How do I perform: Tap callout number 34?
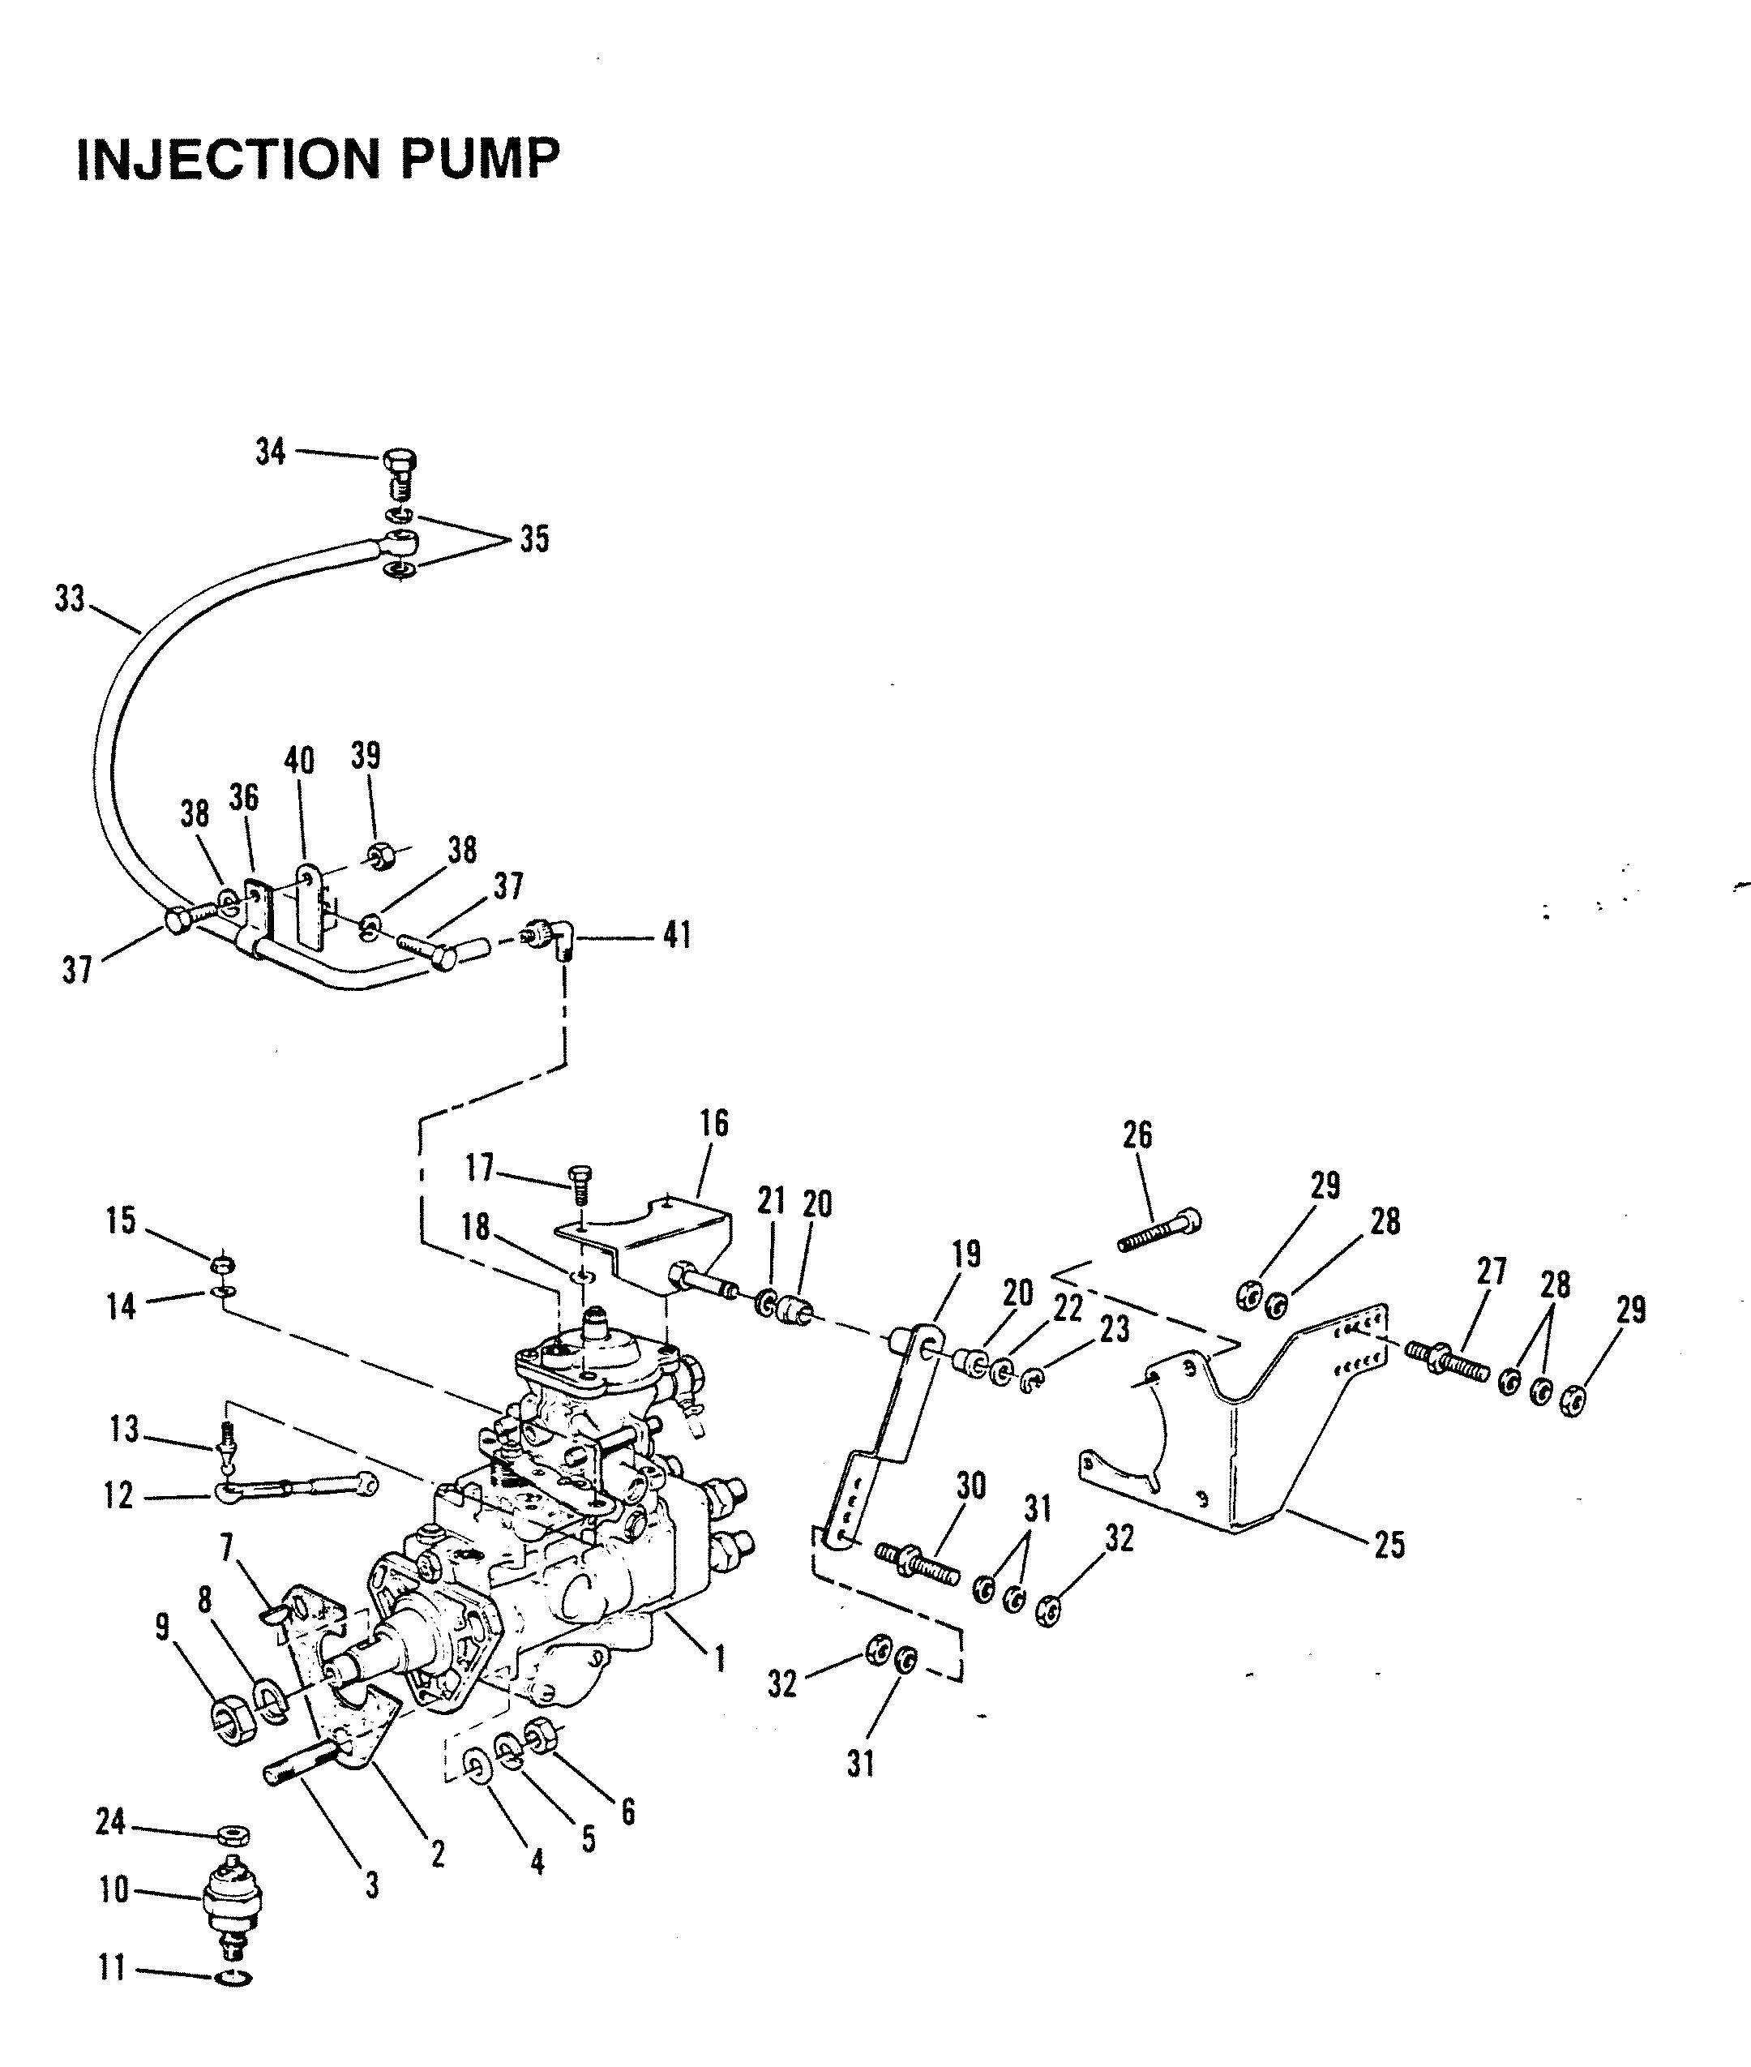(271, 452)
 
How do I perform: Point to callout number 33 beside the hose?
(70, 599)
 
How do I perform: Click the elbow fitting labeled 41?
(553, 938)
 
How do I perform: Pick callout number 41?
(677, 935)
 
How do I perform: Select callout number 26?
(1137, 1134)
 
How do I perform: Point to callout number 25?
(1389, 1545)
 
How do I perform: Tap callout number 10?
(114, 1890)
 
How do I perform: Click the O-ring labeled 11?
(233, 1978)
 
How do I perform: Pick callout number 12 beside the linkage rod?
(118, 1495)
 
